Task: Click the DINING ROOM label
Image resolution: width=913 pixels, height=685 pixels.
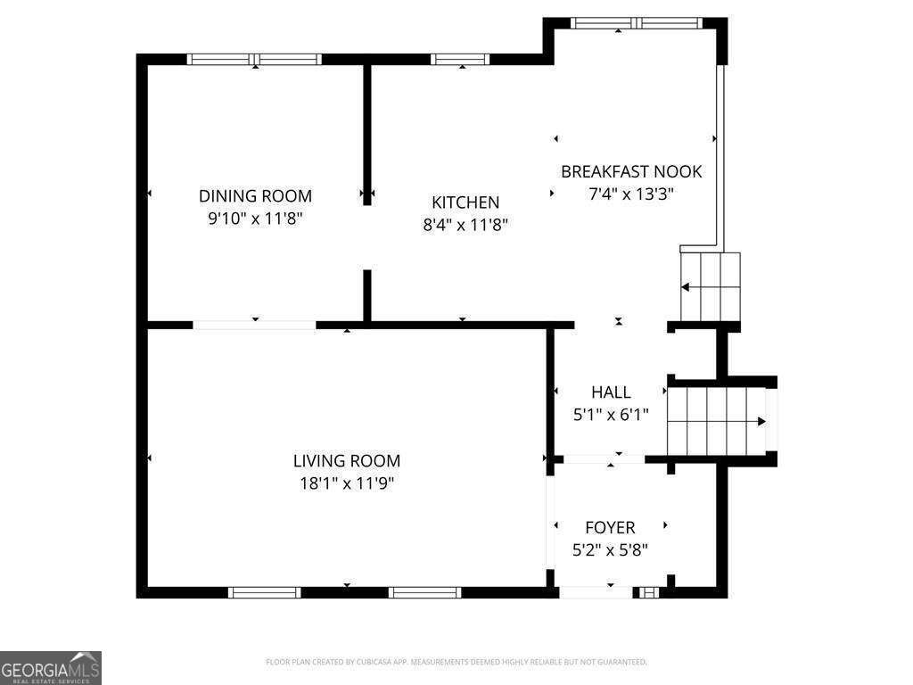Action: (x=255, y=196)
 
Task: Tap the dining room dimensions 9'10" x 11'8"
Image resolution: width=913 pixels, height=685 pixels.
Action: (x=255, y=219)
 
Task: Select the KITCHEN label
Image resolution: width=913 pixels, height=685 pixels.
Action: (x=465, y=202)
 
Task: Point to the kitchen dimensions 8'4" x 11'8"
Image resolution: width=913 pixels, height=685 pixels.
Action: (x=465, y=226)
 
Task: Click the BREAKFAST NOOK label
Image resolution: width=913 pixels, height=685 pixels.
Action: (x=631, y=171)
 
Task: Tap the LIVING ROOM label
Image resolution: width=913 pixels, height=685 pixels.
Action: (x=347, y=461)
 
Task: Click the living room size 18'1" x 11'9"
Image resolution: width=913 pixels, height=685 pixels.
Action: (x=347, y=483)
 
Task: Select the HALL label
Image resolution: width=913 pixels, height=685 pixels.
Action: (x=611, y=392)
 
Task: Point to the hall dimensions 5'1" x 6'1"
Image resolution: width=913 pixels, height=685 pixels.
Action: (x=611, y=414)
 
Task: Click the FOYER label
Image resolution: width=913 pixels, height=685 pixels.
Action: (x=610, y=528)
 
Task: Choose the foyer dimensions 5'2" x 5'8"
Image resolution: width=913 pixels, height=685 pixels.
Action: (x=610, y=550)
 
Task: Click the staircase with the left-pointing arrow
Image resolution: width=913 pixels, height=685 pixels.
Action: (x=711, y=286)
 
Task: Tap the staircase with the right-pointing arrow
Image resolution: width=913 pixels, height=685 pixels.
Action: (x=718, y=421)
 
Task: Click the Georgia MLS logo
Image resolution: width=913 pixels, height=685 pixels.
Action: (x=51, y=668)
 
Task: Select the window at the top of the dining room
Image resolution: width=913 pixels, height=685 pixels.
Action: (x=255, y=60)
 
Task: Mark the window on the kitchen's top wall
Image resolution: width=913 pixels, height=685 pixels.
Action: (x=460, y=60)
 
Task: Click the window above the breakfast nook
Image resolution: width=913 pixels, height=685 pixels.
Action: (x=637, y=23)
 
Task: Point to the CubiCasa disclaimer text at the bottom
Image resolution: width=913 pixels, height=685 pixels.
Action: (x=456, y=662)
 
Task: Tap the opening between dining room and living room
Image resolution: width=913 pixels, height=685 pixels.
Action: (x=255, y=325)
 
